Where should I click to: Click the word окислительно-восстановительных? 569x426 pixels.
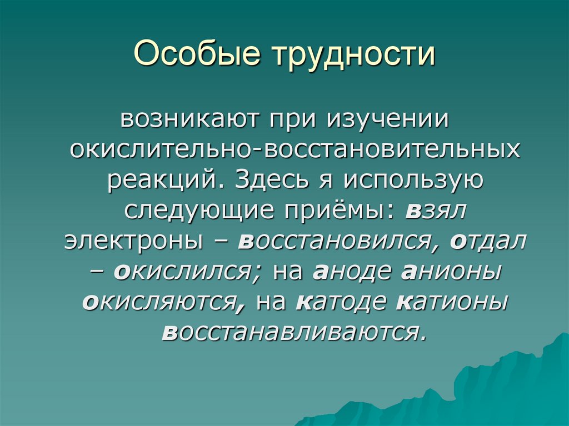295,149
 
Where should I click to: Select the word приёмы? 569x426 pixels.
340,211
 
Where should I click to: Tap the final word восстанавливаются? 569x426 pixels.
295,332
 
